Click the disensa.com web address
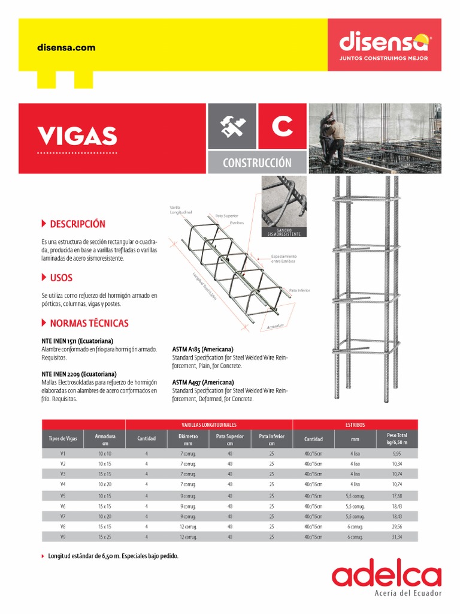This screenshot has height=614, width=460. coord(66,48)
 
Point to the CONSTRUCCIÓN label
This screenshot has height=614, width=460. coord(257,162)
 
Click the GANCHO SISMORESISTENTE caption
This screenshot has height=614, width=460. coord(283,232)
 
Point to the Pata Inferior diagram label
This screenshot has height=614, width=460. coord(299,290)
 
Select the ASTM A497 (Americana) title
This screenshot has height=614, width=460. coord(202,382)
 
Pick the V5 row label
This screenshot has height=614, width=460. coord(63,496)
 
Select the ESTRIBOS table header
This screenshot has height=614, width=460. coord(355,425)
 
